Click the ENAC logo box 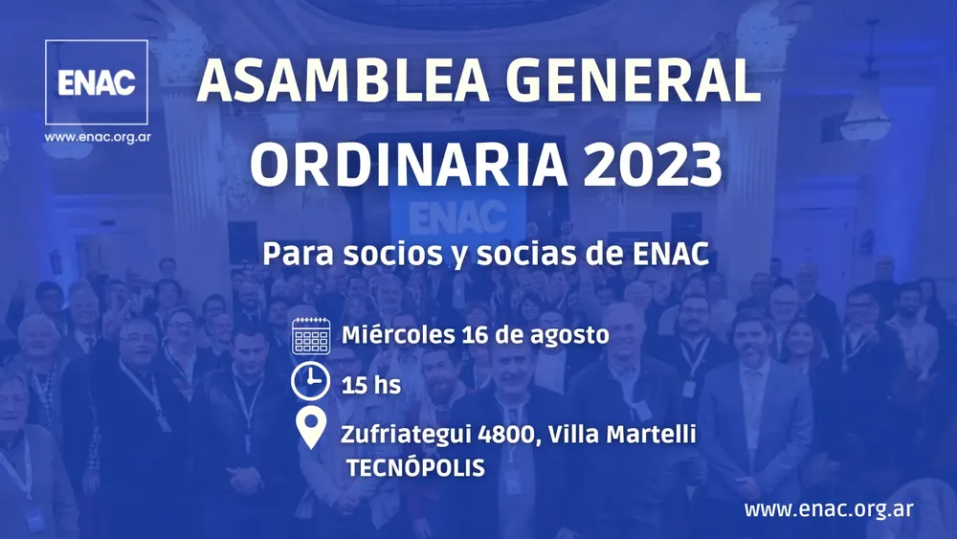tap(96, 81)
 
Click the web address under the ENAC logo tap(97, 137)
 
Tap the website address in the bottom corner tap(828, 508)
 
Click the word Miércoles tap(396, 336)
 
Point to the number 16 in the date tap(472, 336)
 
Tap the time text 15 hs tap(370, 386)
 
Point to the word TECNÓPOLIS tap(416, 468)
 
